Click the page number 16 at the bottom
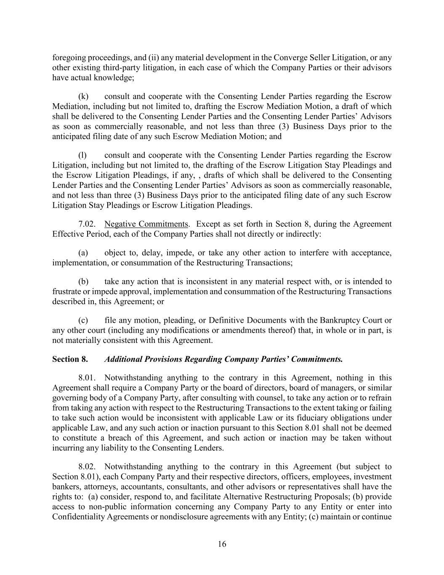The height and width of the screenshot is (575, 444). click(222, 544)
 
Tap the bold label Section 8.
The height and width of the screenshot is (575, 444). click(70, 359)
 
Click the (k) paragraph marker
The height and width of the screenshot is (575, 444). click(83, 96)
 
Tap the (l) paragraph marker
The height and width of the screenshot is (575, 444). click(82, 155)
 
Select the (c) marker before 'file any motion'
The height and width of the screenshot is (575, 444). click(83, 321)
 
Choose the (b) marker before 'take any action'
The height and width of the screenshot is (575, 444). click(83, 282)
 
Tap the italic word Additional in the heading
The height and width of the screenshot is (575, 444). click(123, 359)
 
